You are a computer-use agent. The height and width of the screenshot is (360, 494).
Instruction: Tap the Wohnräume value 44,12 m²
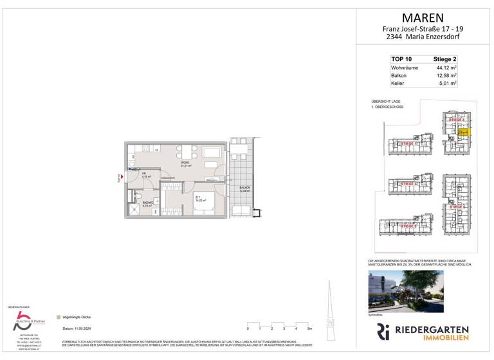tap(446, 67)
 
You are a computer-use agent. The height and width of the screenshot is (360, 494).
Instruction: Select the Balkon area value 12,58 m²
tap(446, 75)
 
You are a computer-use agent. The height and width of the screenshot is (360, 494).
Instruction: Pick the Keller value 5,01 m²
tap(447, 84)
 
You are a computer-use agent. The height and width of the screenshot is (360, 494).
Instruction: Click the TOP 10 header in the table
tap(401, 59)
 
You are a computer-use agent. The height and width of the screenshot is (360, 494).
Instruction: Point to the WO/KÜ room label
tap(185, 163)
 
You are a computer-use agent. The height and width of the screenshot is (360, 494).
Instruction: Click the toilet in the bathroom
tap(149, 194)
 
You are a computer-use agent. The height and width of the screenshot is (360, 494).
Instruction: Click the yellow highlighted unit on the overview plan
tap(465, 132)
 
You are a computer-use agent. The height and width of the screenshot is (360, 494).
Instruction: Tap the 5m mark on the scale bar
tap(310, 328)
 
